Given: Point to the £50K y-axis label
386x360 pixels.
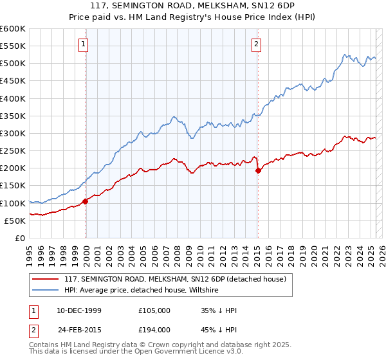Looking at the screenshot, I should click(x=14, y=221).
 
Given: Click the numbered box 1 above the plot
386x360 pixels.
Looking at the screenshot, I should click(x=84, y=44).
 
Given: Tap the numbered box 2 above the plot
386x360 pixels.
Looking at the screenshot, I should click(x=256, y=44).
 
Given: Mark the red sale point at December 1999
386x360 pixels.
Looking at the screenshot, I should click(x=86, y=201).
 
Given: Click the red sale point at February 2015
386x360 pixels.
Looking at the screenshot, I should click(x=258, y=170).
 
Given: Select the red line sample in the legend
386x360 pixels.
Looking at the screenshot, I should click(x=45, y=279).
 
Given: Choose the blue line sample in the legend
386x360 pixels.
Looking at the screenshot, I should click(x=45, y=290).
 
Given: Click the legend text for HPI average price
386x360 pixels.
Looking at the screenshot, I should click(x=142, y=290).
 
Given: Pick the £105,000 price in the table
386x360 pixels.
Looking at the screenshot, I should click(x=154, y=310).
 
